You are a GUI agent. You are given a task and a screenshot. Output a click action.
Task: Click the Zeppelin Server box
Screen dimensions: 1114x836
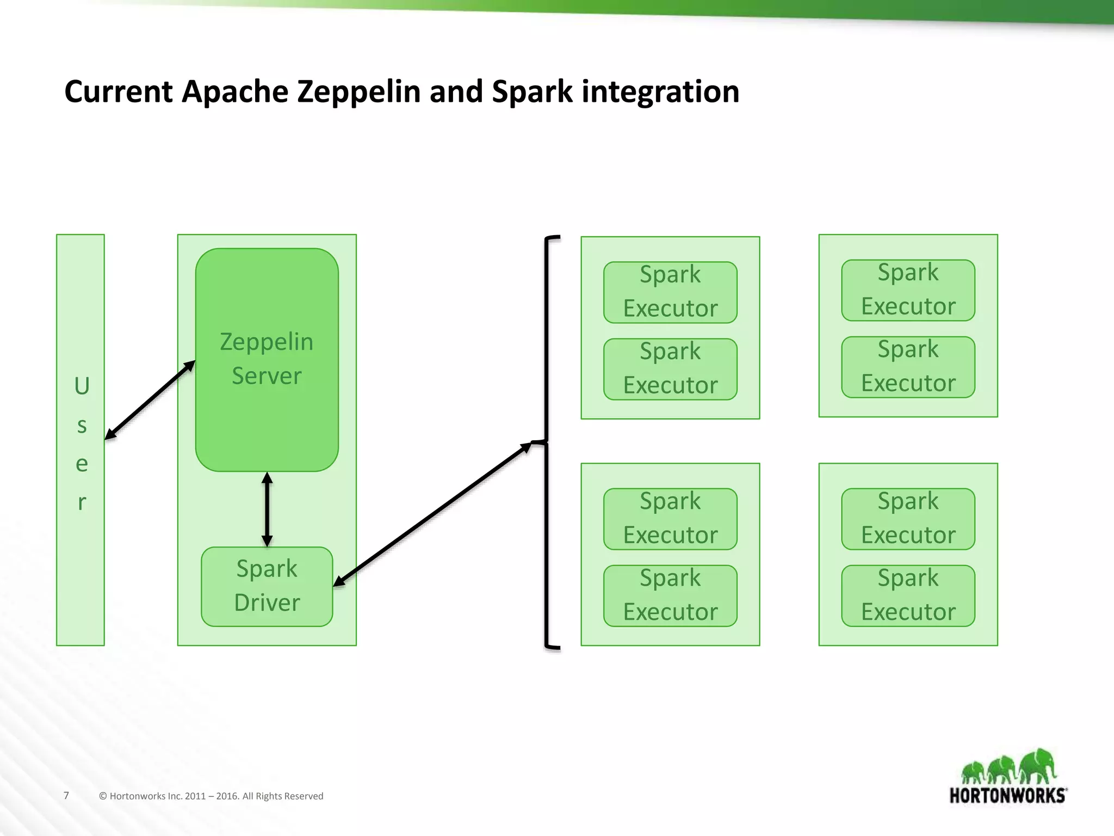[267, 359]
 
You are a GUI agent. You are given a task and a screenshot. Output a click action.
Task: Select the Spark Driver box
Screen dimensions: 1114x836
[267, 586]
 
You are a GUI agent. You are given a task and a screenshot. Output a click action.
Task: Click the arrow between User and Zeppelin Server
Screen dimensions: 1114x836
[150, 399]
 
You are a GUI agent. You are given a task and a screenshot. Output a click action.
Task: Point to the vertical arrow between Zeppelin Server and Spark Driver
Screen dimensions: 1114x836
[267, 509]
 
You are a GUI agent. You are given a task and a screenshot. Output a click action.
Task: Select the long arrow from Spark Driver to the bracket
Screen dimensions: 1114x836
[432, 514]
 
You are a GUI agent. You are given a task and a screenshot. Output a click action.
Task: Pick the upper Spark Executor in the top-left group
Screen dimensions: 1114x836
[670, 292]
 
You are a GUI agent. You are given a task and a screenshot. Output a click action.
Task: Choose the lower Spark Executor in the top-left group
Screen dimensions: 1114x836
[670, 369]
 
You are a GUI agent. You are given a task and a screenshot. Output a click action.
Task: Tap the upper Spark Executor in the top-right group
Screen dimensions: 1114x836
[908, 290]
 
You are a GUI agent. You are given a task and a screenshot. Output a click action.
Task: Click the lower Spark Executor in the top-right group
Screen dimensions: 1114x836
[908, 367]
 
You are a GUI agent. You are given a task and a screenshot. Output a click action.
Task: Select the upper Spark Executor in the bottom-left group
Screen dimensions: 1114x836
[670, 519]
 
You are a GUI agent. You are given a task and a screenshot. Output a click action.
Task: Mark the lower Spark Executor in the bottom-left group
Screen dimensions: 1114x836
[670, 595]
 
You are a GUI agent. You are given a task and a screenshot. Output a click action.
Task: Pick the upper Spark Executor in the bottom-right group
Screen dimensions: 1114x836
[908, 519]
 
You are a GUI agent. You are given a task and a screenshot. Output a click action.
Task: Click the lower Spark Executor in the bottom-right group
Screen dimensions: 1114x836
[908, 595]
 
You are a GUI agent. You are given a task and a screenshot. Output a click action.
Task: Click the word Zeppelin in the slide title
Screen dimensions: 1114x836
[358, 91]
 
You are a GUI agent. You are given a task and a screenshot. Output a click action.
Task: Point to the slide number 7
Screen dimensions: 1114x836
[66, 795]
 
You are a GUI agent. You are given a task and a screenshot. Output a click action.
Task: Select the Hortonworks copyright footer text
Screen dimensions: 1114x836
[211, 796]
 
